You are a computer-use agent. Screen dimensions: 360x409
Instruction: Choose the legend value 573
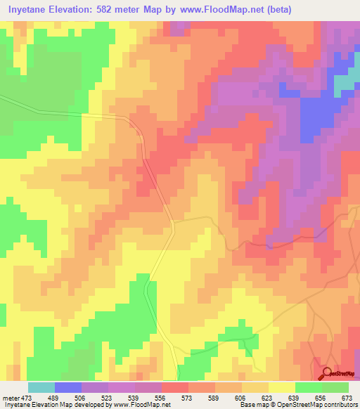tap(188, 396)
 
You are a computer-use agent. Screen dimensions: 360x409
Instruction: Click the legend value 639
tap(295, 396)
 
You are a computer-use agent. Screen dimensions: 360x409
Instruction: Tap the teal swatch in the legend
tap(41, 387)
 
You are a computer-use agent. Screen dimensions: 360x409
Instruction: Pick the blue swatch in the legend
tap(68, 387)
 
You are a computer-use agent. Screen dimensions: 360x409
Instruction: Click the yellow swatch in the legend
tap(282, 387)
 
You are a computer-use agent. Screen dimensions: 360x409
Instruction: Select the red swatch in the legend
tap(175, 387)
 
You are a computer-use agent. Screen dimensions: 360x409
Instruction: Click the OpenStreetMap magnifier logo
tap(328, 373)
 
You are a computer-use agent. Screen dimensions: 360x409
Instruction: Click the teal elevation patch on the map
tap(345, 84)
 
